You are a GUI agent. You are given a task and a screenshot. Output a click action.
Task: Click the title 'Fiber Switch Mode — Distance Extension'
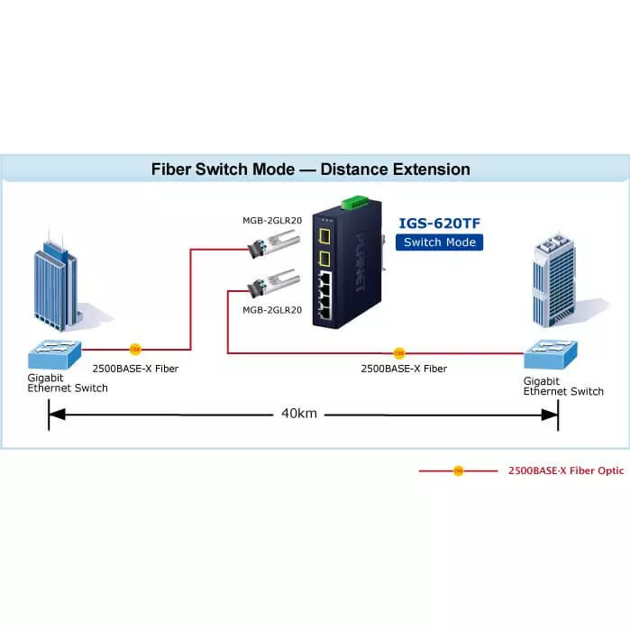(x=310, y=169)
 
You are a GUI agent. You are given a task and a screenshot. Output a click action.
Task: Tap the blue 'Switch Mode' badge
(x=439, y=242)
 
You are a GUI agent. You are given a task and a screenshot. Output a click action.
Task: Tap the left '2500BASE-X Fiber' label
(x=135, y=369)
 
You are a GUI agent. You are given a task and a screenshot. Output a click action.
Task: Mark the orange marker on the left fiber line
(x=134, y=348)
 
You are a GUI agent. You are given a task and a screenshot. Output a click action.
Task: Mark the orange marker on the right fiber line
(x=399, y=352)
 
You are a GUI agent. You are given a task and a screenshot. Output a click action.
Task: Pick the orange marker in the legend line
(x=457, y=470)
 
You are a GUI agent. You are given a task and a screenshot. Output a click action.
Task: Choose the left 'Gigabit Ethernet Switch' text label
(x=67, y=382)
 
